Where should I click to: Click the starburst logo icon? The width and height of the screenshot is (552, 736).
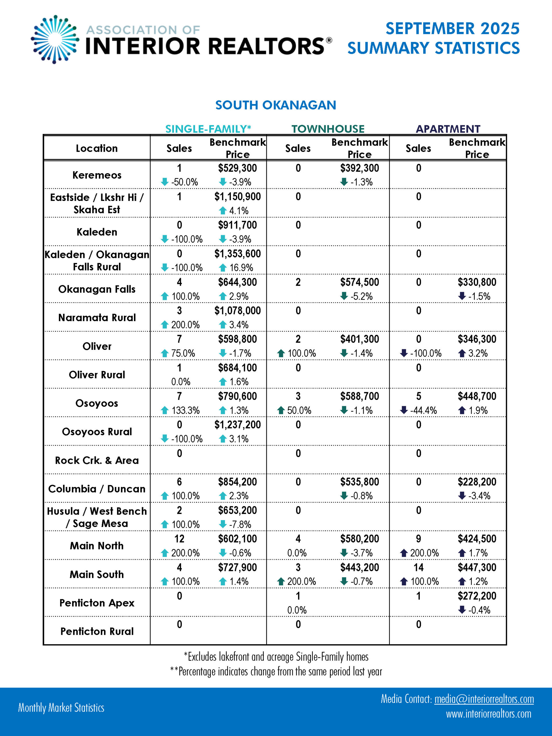(55, 39)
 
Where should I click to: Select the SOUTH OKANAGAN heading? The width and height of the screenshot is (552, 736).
(275, 105)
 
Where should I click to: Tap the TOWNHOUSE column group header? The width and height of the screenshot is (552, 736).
(328, 129)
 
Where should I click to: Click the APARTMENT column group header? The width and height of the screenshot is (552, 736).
(448, 129)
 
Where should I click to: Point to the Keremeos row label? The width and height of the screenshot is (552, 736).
(97, 175)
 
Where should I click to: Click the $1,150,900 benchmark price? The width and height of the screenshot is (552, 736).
(237, 197)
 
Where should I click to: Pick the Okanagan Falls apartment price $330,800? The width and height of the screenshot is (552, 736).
(477, 282)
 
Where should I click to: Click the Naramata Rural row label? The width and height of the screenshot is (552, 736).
(97, 317)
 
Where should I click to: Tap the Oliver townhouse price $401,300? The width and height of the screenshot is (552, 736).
(359, 339)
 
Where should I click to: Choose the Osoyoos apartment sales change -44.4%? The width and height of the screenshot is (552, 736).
(423, 410)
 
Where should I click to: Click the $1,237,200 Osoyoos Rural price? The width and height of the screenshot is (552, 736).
(237, 425)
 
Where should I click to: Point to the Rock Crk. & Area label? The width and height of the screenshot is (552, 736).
(97, 460)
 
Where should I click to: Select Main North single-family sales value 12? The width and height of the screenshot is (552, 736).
(179, 539)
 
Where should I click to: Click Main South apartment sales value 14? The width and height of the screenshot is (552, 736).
(418, 567)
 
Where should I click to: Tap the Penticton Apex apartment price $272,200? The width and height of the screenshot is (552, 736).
(477, 596)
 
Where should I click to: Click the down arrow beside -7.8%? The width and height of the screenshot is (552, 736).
(223, 524)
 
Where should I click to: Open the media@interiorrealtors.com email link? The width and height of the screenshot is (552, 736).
(484, 699)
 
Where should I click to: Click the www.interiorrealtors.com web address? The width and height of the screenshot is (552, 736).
(488, 714)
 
